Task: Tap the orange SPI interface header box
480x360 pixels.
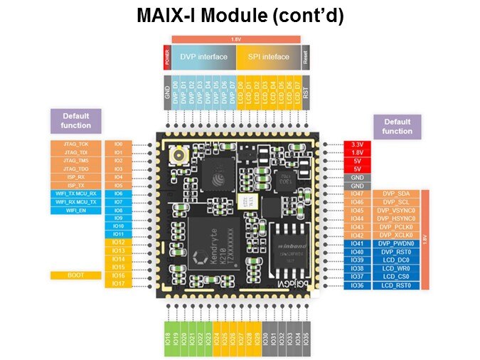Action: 268,57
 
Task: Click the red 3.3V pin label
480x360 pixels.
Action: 357,144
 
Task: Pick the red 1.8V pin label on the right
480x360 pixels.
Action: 357,153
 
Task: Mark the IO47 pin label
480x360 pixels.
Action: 357,194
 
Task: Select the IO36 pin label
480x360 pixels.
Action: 357,285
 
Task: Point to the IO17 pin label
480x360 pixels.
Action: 119,284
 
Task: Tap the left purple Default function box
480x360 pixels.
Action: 76,120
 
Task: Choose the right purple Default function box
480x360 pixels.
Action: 397,126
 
